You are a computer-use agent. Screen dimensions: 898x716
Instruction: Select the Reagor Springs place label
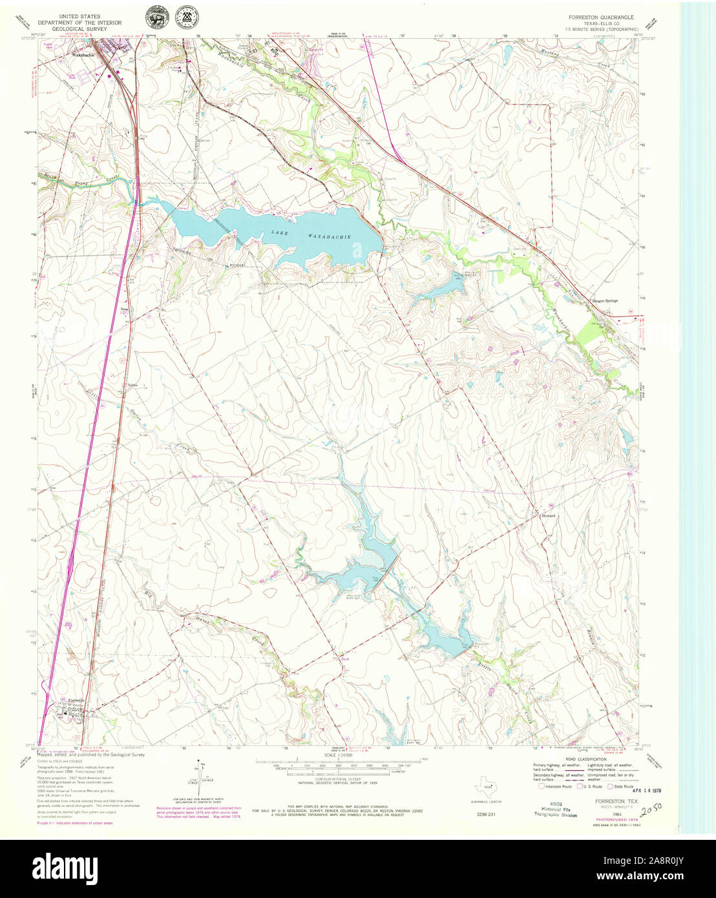coord(604,301)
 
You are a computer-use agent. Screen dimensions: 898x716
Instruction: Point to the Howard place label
coord(548,516)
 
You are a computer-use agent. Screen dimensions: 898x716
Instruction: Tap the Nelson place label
coord(133,385)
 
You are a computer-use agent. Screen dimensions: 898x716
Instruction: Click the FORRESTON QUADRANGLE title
coord(600,17)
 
